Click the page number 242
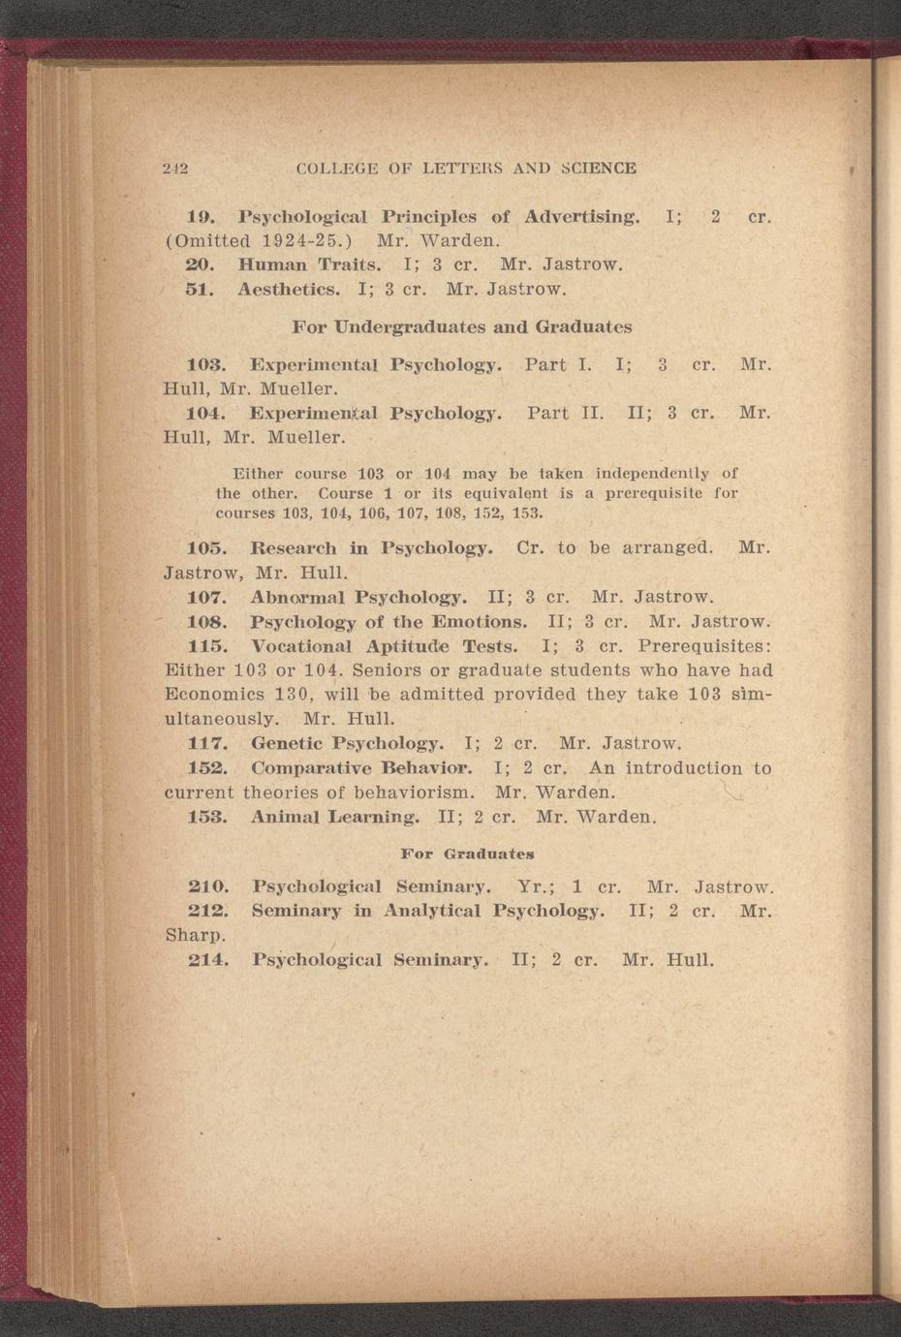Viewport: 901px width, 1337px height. point(174,168)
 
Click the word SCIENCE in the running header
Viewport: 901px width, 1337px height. point(597,168)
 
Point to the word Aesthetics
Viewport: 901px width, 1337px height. point(289,288)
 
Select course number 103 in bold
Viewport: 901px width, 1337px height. point(205,365)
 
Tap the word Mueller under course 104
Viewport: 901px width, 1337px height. point(304,437)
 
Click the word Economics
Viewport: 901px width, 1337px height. point(211,695)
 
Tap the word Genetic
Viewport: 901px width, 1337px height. point(286,744)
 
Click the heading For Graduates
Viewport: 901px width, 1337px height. point(467,855)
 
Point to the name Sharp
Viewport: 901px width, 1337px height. point(196,936)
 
